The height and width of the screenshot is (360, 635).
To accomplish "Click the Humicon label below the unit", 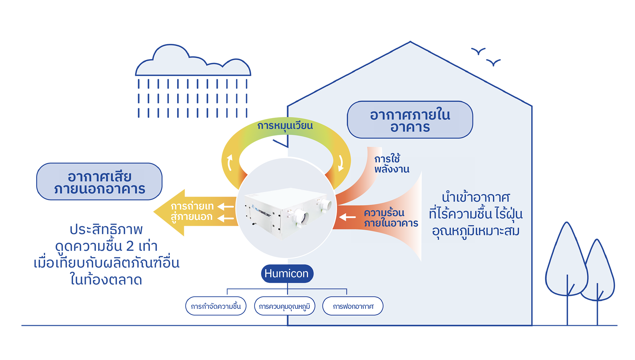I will click(286, 273).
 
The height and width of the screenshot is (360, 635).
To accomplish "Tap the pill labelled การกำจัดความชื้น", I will click(216, 306).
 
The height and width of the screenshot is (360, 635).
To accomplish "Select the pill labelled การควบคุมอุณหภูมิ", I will click(284, 306).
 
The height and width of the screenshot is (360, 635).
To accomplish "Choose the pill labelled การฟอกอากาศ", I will click(353, 306).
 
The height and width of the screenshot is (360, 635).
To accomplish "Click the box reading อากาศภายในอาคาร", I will click(410, 120).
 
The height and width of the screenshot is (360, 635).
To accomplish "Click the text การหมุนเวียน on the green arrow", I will click(285, 126).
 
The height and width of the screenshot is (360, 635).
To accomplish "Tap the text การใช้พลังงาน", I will click(391, 164).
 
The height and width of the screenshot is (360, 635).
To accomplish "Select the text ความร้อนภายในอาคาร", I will click(391, 218).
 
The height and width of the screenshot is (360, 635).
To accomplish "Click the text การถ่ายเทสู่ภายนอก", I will click(192, 212).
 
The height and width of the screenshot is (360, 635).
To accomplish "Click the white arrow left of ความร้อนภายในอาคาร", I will click(347, 217).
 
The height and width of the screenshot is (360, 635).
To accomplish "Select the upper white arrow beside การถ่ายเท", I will click(226, 207).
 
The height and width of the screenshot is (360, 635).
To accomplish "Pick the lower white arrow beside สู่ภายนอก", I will click(226, 218).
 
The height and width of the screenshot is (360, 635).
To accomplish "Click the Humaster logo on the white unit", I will click(262, 211).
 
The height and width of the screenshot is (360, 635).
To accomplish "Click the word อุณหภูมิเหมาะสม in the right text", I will click(476, 231).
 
